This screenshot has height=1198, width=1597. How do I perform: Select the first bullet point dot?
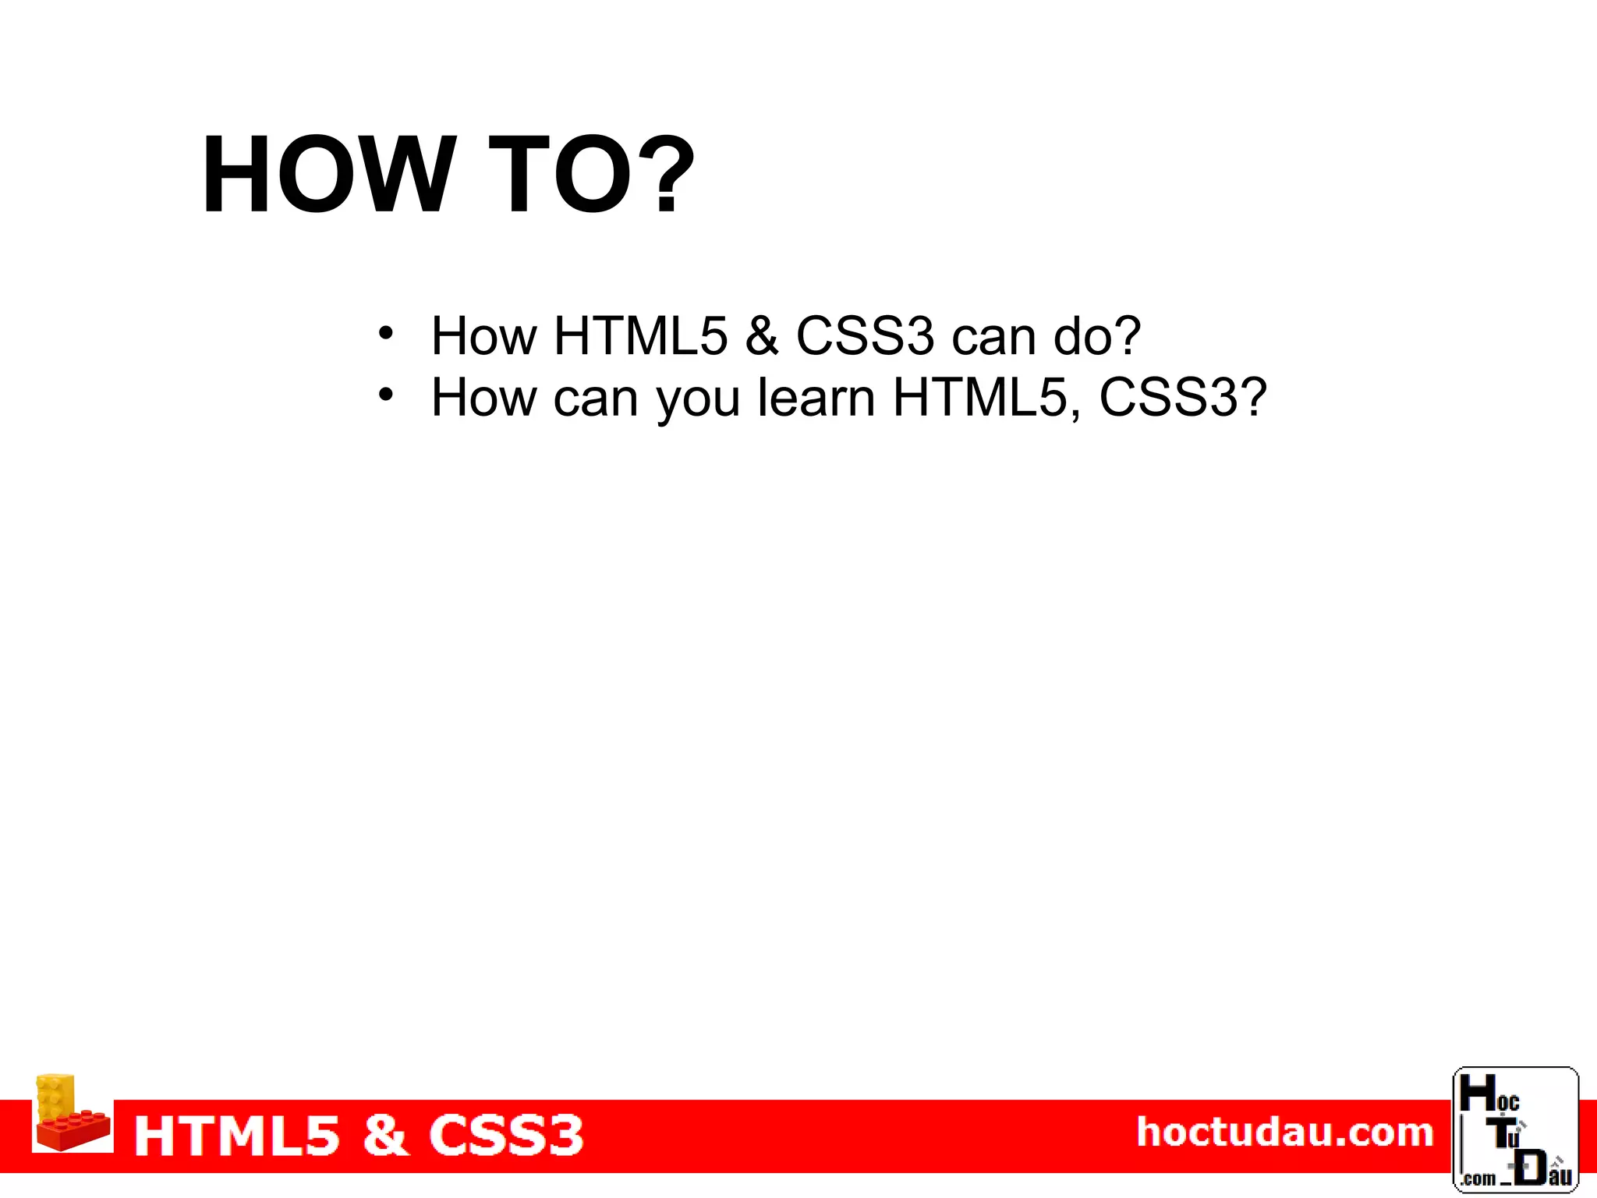(x=385, y=334)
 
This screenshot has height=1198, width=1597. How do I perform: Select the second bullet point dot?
(x=385, y=395)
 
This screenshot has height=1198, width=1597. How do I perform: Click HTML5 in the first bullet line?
(x=640, y=336)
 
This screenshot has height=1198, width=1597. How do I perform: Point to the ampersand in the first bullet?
(x=761, y=336)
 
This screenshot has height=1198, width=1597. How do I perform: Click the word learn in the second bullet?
(x=816, y=398)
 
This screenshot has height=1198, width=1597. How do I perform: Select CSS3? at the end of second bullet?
(x=1182, y=398)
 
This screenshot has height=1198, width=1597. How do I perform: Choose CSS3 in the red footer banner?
(x=506, y=1136)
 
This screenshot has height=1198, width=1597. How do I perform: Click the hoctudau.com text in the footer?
(x=1285, y=1132)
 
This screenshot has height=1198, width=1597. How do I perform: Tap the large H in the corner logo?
(x=1476, y=1093)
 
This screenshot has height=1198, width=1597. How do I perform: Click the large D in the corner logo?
(x=1531, y=1167)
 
